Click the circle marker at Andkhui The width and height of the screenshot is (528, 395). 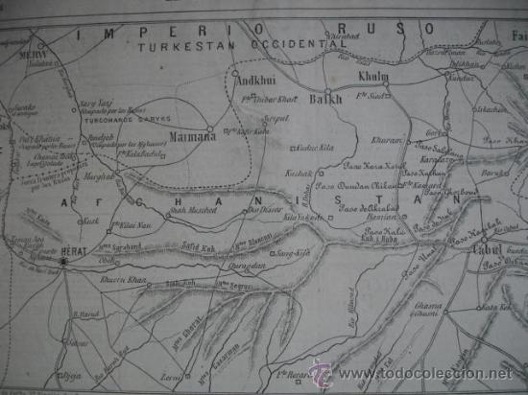(x=233, y=71)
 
